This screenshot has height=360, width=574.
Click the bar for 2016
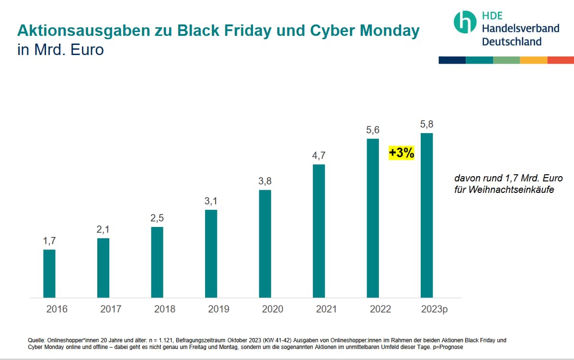click(x=49, y=273)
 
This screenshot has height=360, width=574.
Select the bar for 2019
click(x=211, y=254)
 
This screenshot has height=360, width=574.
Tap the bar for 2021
click(x=319, y=231)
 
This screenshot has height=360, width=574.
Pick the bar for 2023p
click(x=426, y=215)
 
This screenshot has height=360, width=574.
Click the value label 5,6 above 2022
click(x=373, y=130)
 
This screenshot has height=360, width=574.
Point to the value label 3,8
click(x=265, y=181)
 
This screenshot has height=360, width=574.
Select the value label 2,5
click(x=157, y=218)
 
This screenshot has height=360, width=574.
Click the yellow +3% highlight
click(x=401, y=153)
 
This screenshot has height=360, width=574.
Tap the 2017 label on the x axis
click(x=111, y=309)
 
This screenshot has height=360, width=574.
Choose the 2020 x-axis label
click(x=273, y=309)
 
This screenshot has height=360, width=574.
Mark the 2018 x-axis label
click(x=165, y=309)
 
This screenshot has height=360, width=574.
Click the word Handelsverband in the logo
click(x=520, y=28)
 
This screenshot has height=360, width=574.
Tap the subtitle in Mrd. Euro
click(x=60, y=49)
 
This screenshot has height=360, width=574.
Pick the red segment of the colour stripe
click(x=560, y=60)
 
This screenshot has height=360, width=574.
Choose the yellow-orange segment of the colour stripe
click(x=533, y=60)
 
